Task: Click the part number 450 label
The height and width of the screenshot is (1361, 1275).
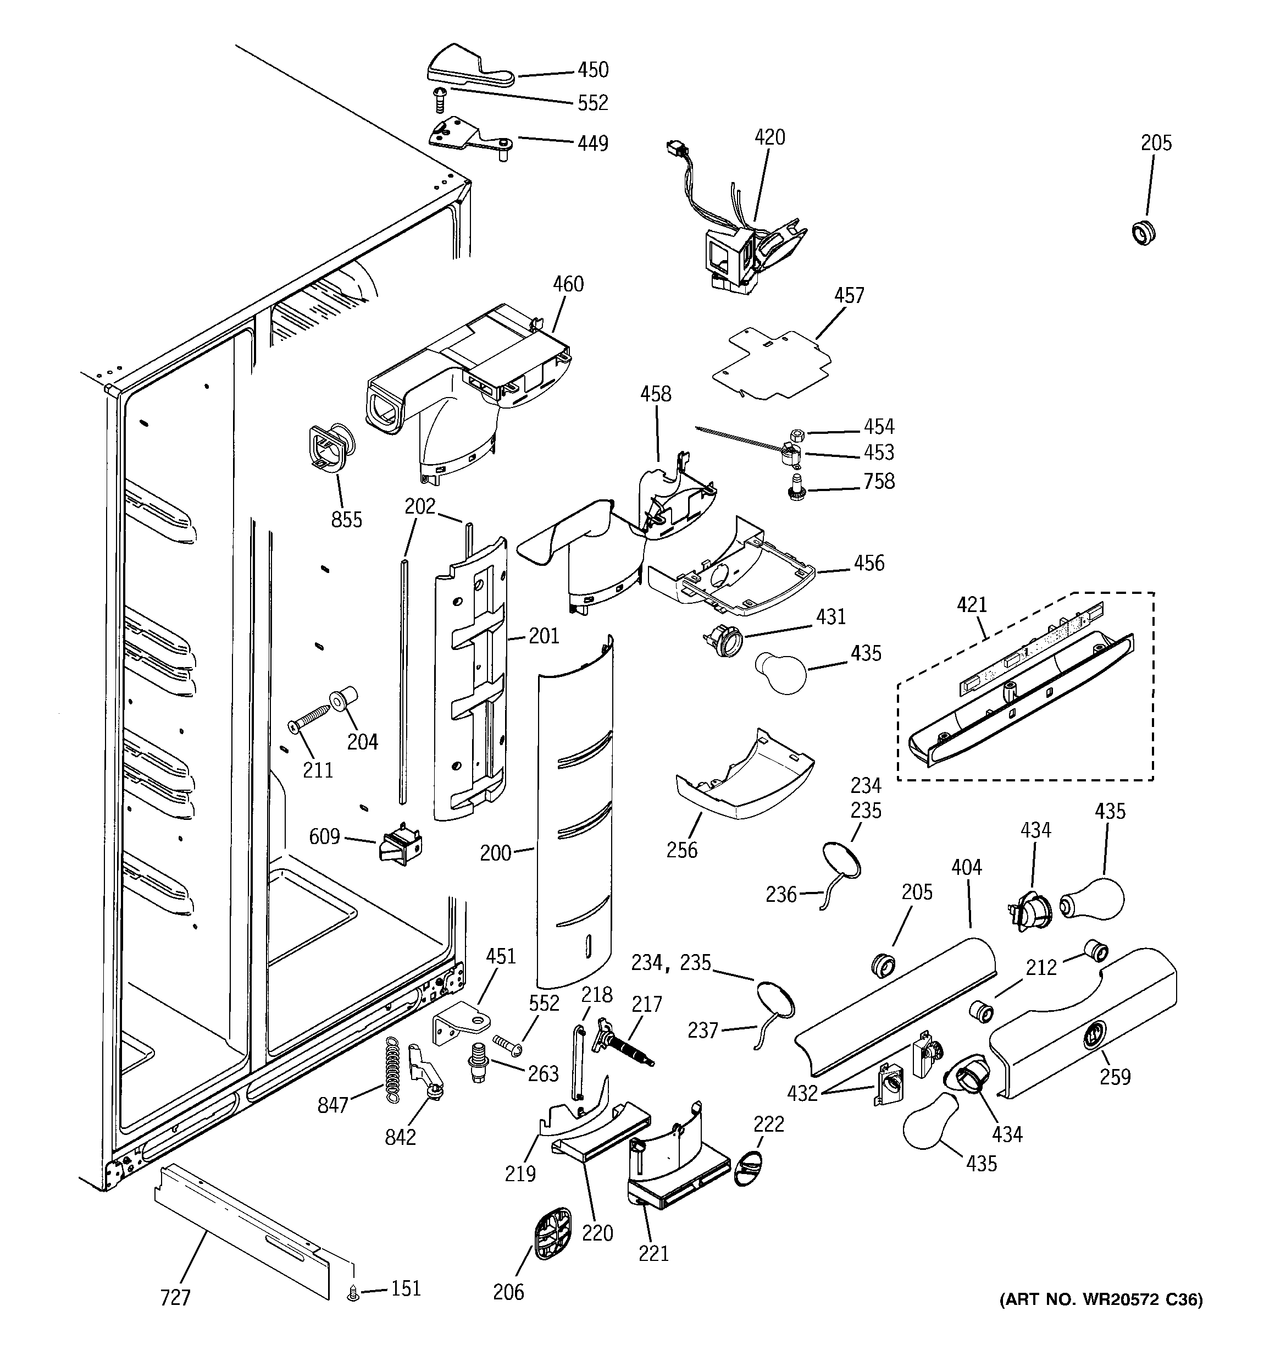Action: (592, 70)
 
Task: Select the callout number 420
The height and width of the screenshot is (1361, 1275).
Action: (769, 137)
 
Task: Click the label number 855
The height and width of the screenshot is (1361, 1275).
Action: (346, 520)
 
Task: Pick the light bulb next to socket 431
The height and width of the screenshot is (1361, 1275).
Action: (781, 673)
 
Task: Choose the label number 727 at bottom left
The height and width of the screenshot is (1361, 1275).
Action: (175, 1297)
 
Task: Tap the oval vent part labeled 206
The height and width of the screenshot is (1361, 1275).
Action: (552, 1233)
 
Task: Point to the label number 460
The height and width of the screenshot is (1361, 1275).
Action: (568, 284)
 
